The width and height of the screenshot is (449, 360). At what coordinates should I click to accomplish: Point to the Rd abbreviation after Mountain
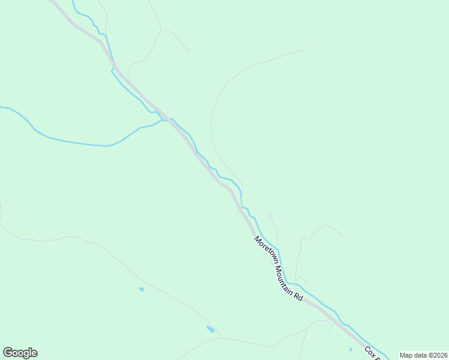(x=298, y=294)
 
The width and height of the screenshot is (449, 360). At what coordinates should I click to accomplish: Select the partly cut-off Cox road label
(x=370, y=352)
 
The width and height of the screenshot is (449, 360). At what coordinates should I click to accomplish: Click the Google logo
(x=20, y=353)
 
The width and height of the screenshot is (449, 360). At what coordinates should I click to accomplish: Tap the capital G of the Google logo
(x=8, y=352)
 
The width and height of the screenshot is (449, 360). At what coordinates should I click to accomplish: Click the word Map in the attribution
(x=406, y=355)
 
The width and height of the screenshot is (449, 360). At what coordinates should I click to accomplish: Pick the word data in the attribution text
(x=420, y=355)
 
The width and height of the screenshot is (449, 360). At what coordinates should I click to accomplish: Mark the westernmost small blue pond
(x=141, y=289)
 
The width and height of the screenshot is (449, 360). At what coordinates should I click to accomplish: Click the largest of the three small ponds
(x=210, y=329)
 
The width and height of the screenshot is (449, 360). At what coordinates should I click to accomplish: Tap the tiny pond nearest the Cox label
(x=351, y=349)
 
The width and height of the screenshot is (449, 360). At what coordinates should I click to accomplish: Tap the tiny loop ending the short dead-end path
(x=270, y=215)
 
